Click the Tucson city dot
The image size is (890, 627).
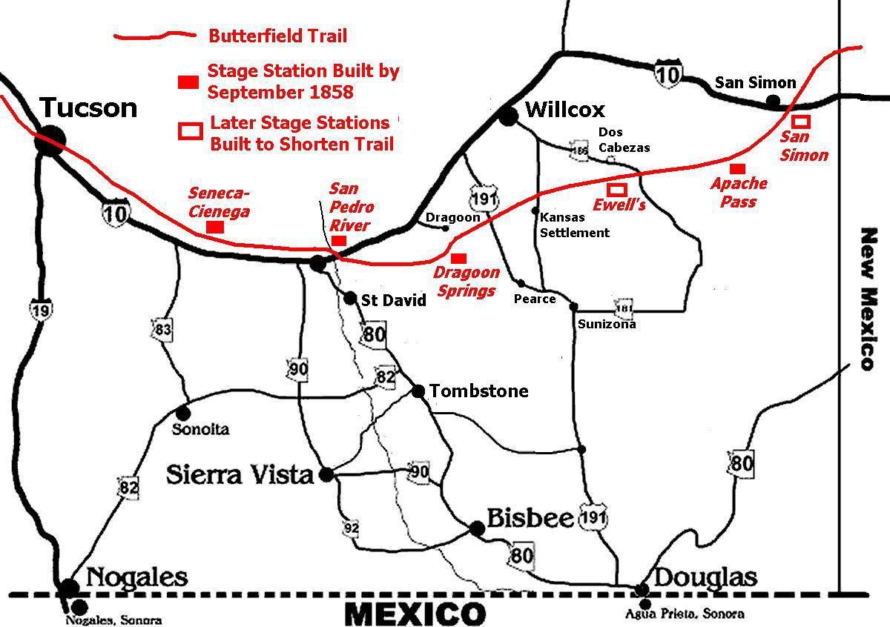tap(50, 139)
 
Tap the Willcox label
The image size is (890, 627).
tap(564, 110)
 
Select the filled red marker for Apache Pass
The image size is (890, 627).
tap(736, 169)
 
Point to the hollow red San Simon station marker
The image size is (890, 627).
tap(801, 121)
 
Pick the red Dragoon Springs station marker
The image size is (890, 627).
tap(458, 258)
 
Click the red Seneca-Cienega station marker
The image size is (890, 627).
tap(215, 227)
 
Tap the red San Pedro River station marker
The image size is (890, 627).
tap(338, 240)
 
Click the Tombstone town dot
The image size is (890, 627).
tap(418, 391)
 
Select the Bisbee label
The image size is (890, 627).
tap(530, 517)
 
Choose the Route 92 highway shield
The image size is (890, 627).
tap(352, 528)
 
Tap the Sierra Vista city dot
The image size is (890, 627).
tap(326, 475)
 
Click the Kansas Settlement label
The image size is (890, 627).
tap(574, 225)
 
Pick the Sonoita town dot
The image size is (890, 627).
tap(182, 412)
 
